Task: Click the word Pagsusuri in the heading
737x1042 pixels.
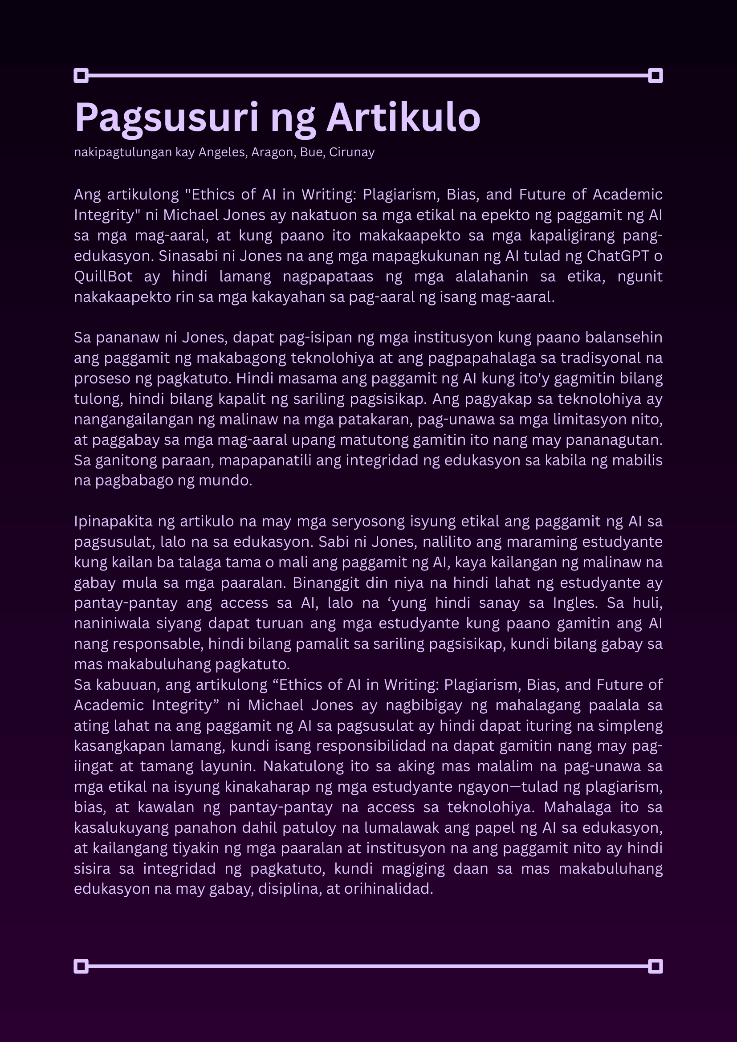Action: coord(167,118)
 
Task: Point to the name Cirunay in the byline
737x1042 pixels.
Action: coord(352,152)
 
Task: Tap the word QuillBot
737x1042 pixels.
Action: coord(103,277)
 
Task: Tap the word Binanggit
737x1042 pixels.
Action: coord(326,583)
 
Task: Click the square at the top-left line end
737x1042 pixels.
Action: coord(81,75)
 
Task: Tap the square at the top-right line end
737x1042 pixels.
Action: coord(656,75)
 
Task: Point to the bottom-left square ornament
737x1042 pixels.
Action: coord(81,967)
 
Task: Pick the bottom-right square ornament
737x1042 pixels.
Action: coord(656,967)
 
